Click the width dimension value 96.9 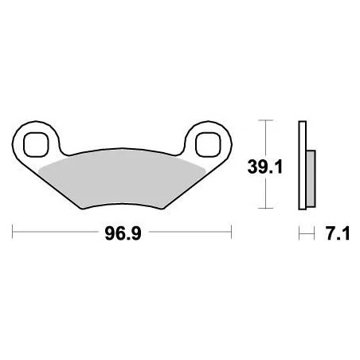123,233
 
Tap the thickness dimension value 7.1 334,233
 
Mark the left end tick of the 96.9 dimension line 14,233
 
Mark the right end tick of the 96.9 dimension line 231,233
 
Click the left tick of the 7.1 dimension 299,233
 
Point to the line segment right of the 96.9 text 188,233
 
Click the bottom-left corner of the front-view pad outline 80,209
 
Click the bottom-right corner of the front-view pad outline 162,209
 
